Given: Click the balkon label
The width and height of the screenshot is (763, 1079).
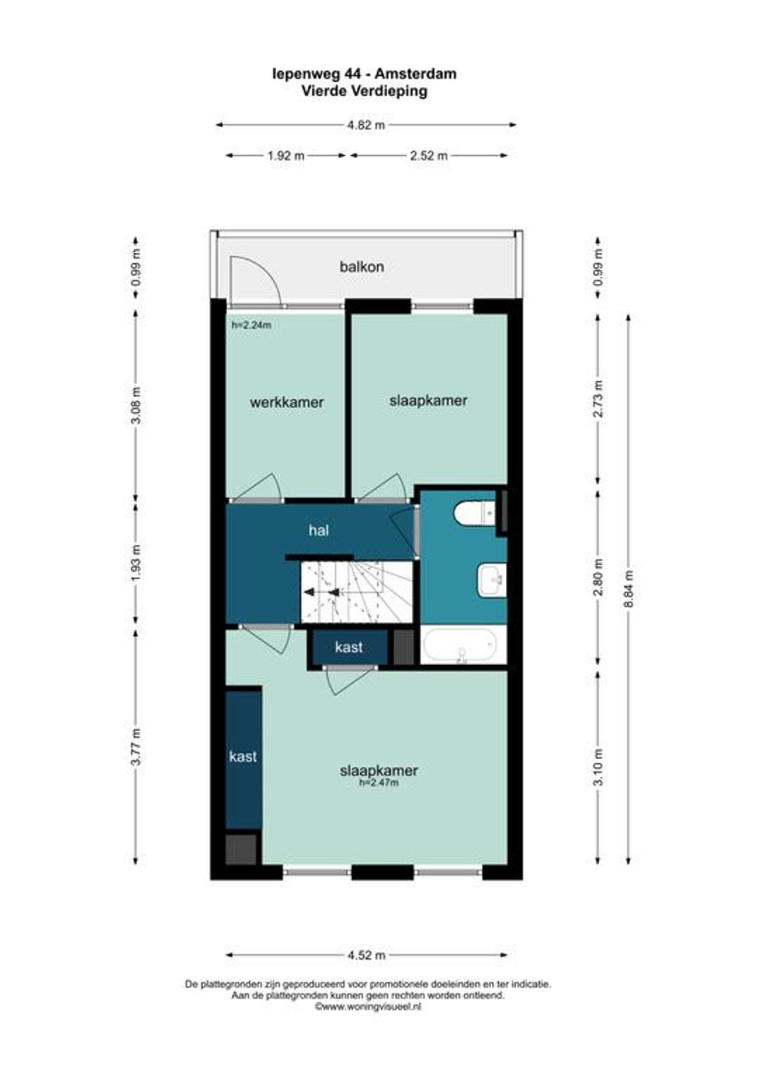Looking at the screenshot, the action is click(x=362, y=266).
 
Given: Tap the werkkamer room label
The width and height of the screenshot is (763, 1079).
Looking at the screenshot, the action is click(x=286, y=403).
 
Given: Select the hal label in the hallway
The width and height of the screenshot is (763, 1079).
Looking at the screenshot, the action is click(x=319, y=530).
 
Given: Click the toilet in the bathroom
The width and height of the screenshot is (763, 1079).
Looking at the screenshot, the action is click(x=475, y=513).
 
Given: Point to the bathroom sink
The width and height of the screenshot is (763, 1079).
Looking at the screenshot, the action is click(x=492, y=580).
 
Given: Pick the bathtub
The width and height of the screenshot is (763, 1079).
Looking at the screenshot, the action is click(x=459, y=645).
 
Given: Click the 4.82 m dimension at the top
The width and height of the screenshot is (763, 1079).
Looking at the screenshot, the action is click(x=367, y=125).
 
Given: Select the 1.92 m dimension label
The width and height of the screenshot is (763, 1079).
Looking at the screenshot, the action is click(x=286, y=155).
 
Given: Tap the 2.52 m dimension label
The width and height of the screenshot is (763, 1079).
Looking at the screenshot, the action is click(x=429, y=155).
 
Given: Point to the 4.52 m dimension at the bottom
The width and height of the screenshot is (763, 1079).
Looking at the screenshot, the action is click(x=367, y=955).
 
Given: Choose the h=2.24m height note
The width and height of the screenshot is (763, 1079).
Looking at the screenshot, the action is click(x=251, y=325).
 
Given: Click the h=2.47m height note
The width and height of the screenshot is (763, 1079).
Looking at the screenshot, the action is click(x=379, y=782).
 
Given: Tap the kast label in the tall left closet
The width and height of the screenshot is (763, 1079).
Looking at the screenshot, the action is click(x=243, y=756).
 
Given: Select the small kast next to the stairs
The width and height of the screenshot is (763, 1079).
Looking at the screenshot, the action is click(x=349, y=647).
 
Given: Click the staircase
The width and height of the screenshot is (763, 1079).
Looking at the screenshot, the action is click(x=357, y=592).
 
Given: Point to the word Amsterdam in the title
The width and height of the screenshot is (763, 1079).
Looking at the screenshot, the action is click(x=415, y=73).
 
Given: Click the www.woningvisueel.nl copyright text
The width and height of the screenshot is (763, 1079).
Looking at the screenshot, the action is click(x=368, y=1006).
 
